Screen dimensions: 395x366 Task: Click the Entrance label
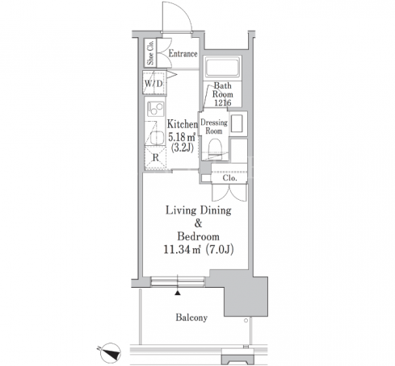183,53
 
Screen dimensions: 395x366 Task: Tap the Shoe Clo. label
150,53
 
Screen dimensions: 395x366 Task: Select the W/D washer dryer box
153,83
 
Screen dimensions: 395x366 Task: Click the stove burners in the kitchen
155,109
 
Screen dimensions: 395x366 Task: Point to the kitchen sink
157,138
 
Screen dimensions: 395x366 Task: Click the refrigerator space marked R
155,158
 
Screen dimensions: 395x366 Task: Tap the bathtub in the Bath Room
222,67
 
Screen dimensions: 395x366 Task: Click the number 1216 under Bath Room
222,102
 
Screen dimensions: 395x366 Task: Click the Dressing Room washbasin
237,123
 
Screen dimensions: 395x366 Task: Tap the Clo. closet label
229,178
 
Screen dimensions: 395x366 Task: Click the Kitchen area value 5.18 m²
182,137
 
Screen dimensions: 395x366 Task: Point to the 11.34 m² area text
183,250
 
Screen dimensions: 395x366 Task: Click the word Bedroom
198,236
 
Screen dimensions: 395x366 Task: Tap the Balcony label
191,318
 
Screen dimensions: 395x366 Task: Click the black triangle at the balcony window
177,293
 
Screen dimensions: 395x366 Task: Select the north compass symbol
110,353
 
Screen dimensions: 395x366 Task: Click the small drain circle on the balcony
246,320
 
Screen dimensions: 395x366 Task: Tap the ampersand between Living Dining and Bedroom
198,223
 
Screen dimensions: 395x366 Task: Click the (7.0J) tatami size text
220,250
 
